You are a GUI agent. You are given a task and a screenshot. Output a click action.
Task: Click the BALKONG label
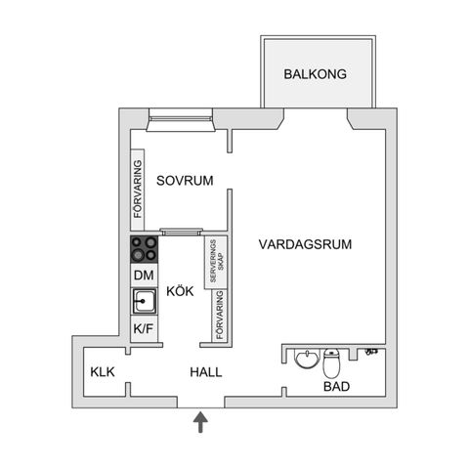[x=316, y=74]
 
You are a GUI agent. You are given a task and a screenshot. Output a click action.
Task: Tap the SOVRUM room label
[x=185, y=180]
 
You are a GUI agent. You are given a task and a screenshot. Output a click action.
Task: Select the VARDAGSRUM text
[x=306, y=244]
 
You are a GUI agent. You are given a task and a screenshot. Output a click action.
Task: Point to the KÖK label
[x=180, y=291]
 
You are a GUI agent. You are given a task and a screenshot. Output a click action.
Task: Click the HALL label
[x=206, y=372]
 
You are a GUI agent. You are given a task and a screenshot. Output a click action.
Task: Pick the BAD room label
[x=337, y=387]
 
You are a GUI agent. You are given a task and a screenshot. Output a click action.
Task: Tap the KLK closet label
[x=103, y=372]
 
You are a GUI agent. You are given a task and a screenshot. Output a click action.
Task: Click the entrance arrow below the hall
[x=201, y=421]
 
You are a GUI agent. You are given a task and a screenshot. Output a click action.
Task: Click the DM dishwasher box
[x=144, y=276]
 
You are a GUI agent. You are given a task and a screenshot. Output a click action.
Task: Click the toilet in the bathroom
[x=332, y=364]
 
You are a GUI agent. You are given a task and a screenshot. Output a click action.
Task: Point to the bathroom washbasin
[x=306, y=359]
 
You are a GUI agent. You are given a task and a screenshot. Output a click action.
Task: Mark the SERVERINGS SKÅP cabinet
[x=216, y=261]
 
